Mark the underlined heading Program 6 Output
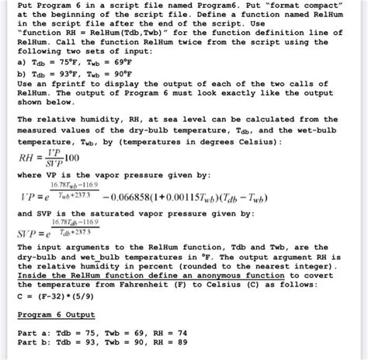(54, 314)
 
